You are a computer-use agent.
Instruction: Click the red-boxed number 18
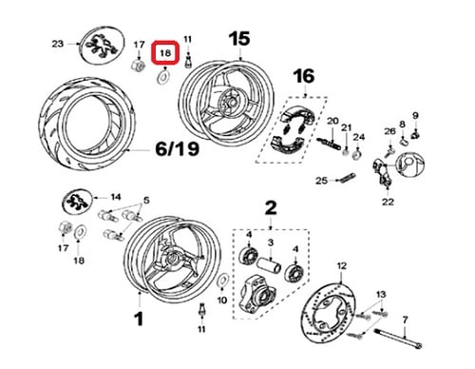tap(165, 52)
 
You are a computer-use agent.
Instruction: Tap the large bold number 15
tap(239, 39)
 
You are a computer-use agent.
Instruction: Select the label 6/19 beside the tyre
tap(178, 148)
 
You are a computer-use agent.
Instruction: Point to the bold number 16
tap(304, 77)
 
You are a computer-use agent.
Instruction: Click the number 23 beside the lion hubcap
tap(57, 44)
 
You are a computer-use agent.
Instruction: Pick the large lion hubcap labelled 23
tap(102, 45)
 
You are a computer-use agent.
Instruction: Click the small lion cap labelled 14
tap(77, 202)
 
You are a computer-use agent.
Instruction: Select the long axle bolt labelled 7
tap(399, 339)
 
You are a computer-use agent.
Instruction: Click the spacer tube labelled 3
tap(269, 265)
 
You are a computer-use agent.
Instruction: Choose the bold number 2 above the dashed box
tap(271, 208)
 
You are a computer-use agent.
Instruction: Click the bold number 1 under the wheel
tap(139, 319)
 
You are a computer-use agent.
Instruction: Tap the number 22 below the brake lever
tap(388, 202)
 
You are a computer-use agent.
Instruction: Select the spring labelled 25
tap(346, 178)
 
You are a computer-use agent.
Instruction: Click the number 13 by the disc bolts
tap(381, 294)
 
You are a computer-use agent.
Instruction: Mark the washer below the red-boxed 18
tap(163, 77)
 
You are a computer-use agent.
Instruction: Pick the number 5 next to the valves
tap(146, 201)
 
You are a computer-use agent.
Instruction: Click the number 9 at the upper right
tap(415, 116)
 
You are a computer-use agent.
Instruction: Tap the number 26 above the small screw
tap(389, 131)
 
